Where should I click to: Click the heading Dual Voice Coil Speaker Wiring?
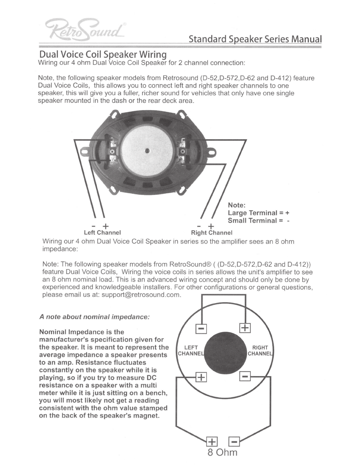103,54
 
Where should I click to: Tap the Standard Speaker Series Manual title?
255,39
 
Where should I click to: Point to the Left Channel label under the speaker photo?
102,233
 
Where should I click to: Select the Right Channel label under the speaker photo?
212,233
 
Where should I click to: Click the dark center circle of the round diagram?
225,353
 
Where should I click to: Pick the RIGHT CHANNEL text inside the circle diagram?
260,351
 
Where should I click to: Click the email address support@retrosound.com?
141,295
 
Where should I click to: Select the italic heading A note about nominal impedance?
94,317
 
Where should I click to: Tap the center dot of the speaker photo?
147,151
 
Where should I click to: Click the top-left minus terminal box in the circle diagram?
201,329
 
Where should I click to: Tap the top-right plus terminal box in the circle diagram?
245,328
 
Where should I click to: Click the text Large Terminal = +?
259,213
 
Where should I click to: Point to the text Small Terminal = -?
259,220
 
